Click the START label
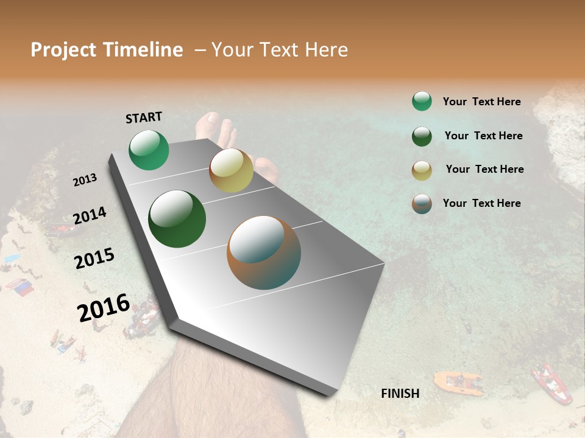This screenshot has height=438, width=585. (144, 117)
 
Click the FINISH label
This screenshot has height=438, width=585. (400, 394)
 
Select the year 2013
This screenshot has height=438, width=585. (85, 180)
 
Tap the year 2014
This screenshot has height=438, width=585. (90, 216)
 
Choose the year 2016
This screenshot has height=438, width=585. (104, 308)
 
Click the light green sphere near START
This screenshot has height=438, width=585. (149, 150)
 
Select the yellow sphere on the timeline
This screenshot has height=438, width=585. (231, 170)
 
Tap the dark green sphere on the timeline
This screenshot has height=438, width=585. (177, 219)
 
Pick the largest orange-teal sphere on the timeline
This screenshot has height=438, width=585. (264, 252)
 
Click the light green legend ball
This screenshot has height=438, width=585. (422, 101)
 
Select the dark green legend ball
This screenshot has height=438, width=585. (422, 136)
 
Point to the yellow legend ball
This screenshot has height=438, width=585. (422, 170)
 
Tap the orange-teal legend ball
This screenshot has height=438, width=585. (422, 204)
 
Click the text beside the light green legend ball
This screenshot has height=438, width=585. (481, 102)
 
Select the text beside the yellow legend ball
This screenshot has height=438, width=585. (484, 169)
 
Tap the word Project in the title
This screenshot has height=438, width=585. (63, 50)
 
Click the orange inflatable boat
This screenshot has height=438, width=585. (458, 383)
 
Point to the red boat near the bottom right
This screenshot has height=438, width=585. (551, 383)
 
